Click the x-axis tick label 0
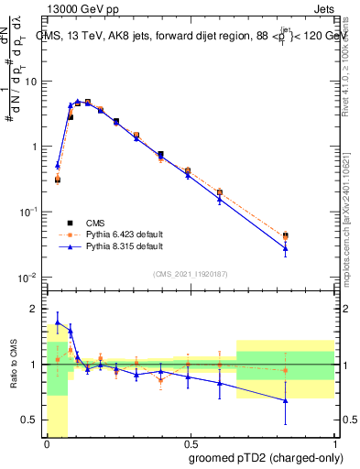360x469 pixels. (47, 442)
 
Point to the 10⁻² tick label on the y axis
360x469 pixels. (27, 278)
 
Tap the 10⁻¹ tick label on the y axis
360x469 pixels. (27, 212)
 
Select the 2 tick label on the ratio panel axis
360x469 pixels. (35, 308)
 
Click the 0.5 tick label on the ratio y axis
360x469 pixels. (30, 420)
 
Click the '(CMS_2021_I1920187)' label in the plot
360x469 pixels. (189, 273)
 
